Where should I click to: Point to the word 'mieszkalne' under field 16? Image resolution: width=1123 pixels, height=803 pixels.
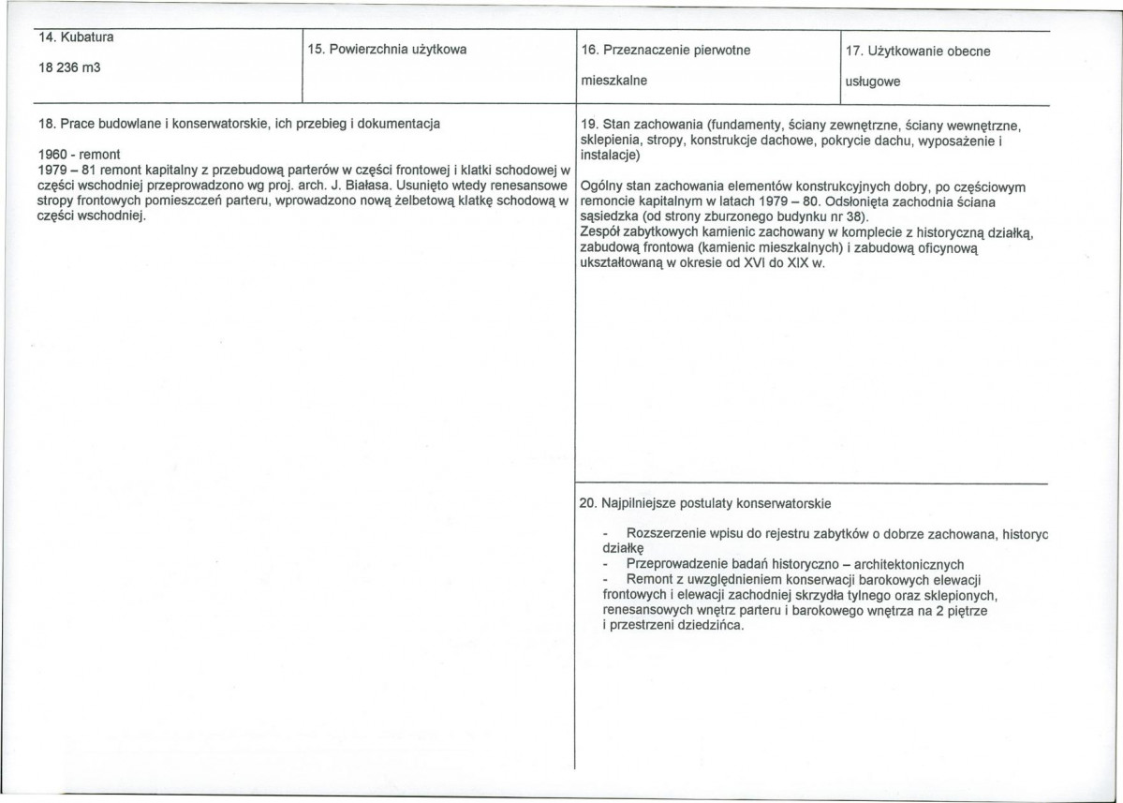(x=613, y=81)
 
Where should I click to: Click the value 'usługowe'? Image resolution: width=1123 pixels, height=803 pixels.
(x=872, y=82)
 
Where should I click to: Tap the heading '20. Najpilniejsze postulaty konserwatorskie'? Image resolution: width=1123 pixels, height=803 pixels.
(x=704, y=503)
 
